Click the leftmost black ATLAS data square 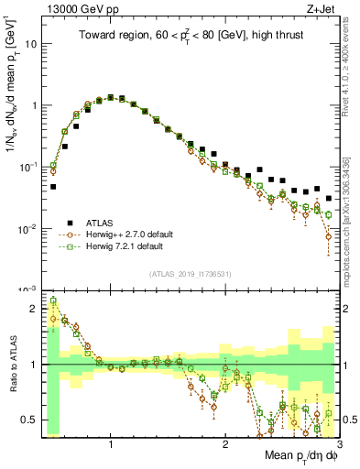pyautogui.click(x=53, y=187)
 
